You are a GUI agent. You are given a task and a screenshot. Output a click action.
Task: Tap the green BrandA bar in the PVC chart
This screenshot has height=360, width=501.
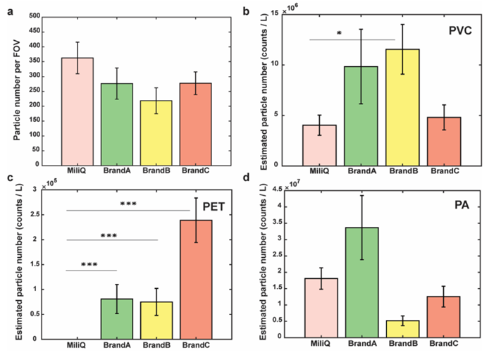coord(361,116)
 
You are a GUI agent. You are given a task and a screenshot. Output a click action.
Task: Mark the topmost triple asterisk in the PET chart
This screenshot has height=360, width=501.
coord(128,205)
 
